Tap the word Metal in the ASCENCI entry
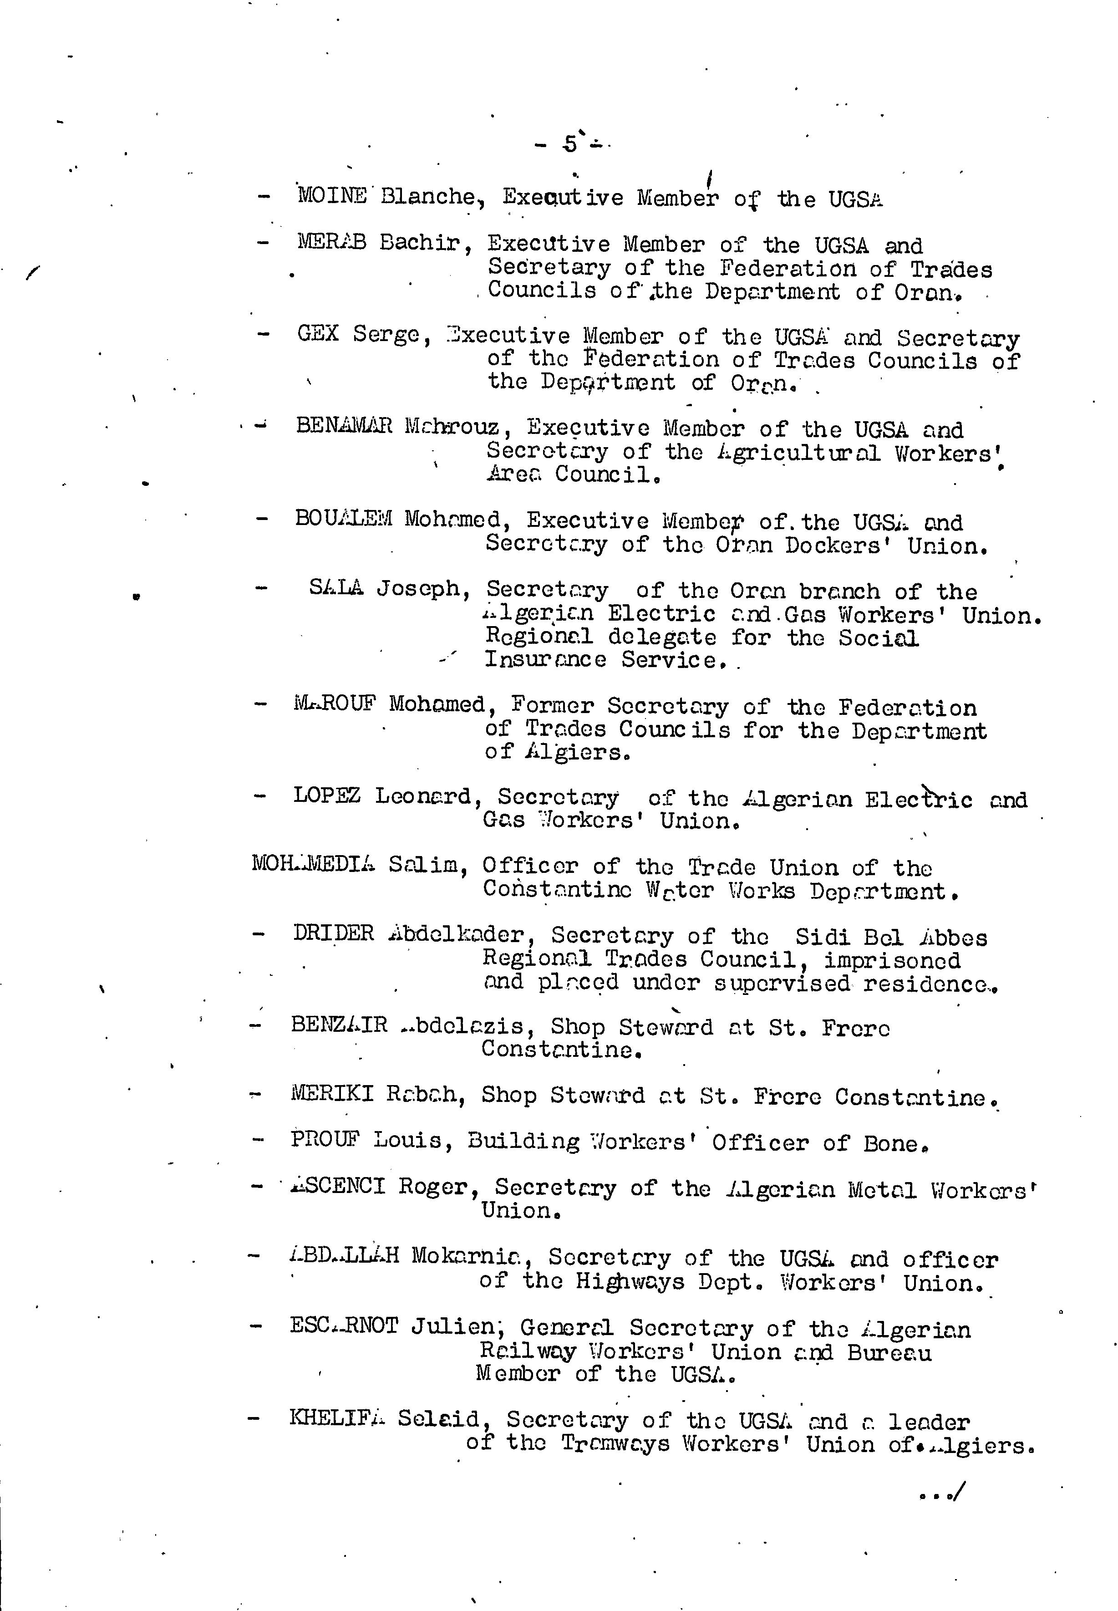click(x=882, y=1190)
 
